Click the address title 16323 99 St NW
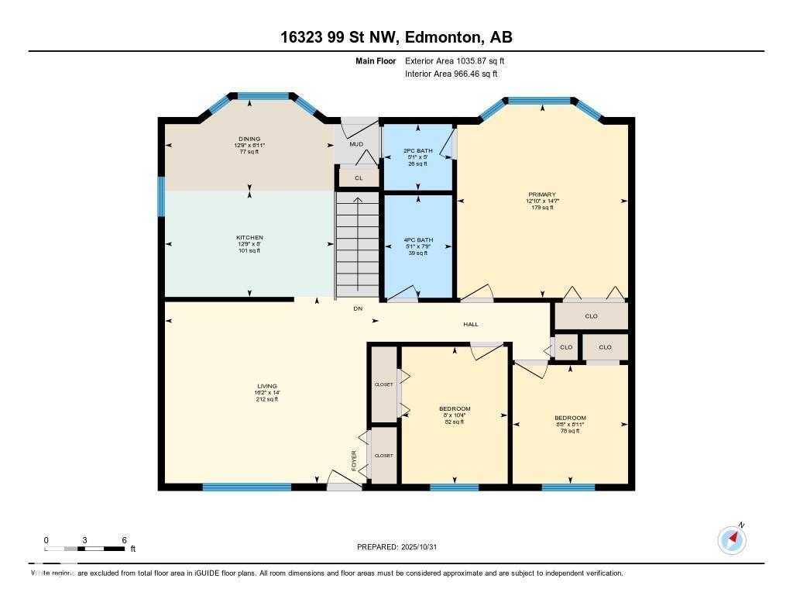(x=396, y=37)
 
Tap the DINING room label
(x=249, y=139)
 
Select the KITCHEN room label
(x=249, y=238)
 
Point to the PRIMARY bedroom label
(x=542, y=195)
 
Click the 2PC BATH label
(x=417, y=151)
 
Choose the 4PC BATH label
(x=417, y=240)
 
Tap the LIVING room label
(x=267, y=386)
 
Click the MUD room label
(x=355, y=144)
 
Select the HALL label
(x=471, y=325)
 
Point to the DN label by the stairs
(x=358, y=308)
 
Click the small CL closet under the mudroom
(x=358, y=178)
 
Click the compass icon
(x=732, y=539)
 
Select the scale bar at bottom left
(x=85, y=549)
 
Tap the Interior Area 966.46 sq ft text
(x=451, y=74)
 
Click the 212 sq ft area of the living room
(x=267, y=399)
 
